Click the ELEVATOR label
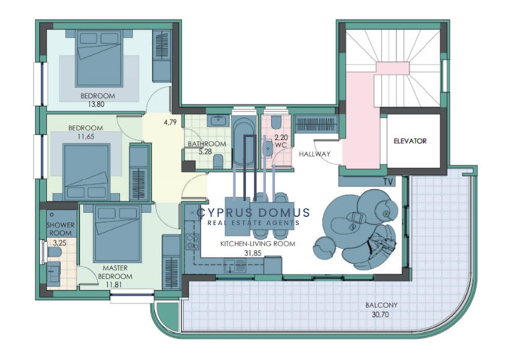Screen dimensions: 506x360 click(410, 141)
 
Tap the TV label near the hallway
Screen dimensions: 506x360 click(389, 182)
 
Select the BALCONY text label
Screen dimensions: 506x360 click(381, 305)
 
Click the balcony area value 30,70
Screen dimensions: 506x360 click(380, 314)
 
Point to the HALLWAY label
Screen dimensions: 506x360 click(315, 154)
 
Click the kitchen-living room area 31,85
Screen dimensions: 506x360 click(253, 254)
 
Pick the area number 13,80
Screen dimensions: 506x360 click(96, 104)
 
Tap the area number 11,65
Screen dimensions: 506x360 click(86, 136)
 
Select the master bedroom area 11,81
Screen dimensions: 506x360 click(114, 285)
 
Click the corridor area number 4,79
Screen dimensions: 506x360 click(170, 122)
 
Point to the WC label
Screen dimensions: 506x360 click(281, 145)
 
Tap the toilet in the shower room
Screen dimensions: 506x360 click(54, 252)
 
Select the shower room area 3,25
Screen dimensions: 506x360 click(59, 243)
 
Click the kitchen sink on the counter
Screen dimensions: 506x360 click(235, 265)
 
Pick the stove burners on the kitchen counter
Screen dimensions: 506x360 click(192, 241)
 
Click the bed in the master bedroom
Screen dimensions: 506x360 click(117, 233)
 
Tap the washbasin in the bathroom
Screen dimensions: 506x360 click(218, 121)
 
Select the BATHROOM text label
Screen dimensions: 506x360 click(207, 144)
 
